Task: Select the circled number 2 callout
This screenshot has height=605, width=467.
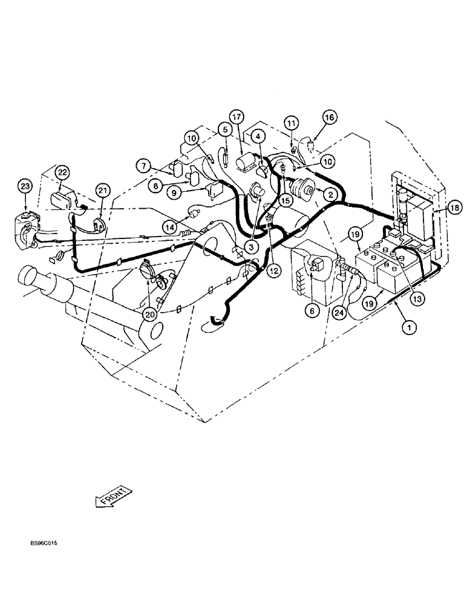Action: [330, 194]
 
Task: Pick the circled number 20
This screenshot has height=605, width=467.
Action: [149, 314]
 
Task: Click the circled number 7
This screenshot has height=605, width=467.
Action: [143, 165]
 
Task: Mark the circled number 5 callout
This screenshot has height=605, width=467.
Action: [224, 129]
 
